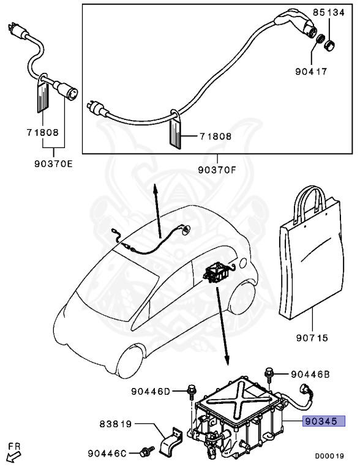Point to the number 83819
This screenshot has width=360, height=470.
point(116,423)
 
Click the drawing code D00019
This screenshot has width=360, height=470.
point(329,456)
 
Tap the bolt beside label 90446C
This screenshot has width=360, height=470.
point(146,452)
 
